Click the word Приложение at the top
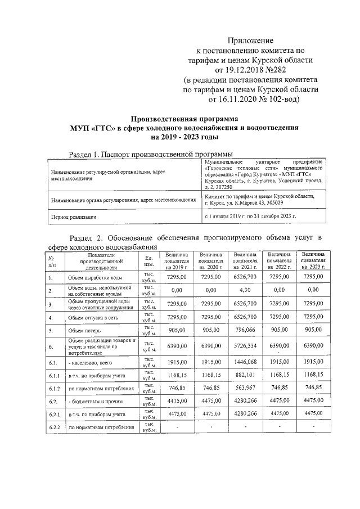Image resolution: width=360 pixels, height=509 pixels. [x=250, y=40]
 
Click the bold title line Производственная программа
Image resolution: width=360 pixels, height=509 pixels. [x=185, y=119]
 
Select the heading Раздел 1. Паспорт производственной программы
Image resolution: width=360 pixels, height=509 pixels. [x=151, y=154]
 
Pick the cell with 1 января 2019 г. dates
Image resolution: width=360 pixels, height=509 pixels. [x=258, y=216]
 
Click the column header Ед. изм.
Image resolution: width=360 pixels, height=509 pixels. [x=149, y=261]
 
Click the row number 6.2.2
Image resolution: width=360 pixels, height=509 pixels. [x=55, y=428]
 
